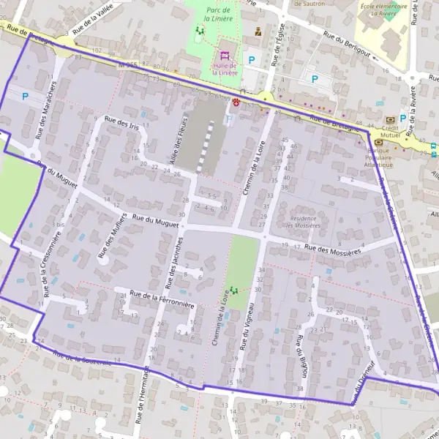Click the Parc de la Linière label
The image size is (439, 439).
(219, 13)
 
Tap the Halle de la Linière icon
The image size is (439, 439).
(225, 54)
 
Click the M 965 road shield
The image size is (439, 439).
(127, 65)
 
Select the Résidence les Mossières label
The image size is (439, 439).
(304, 222)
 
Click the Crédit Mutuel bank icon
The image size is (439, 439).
(389, 119)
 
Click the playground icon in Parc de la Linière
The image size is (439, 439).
(199, 30)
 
